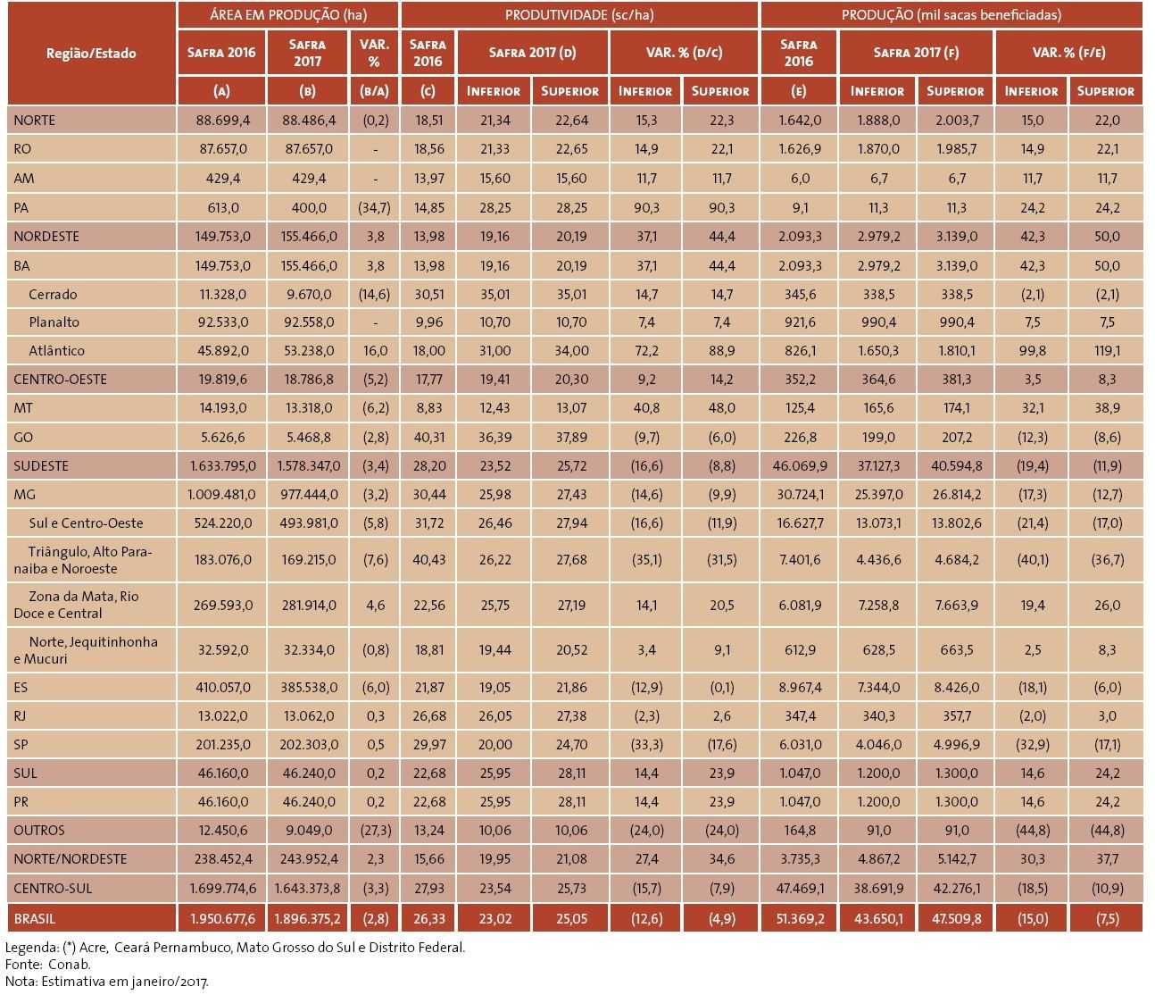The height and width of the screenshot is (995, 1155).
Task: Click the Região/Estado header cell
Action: [x=91, y=53]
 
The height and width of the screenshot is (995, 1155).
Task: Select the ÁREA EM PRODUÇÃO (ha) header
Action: [x=288, y=14]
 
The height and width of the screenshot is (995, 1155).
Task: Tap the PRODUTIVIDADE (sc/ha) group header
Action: [x=579, y=14]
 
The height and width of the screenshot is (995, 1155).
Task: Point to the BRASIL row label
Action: [x=35, y=918]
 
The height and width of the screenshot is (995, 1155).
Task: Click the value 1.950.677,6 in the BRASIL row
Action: [x=222, y=918]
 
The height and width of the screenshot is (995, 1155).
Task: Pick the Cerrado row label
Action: [x=53, y=294]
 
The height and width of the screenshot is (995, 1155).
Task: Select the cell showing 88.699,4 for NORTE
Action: [x=222, y=121]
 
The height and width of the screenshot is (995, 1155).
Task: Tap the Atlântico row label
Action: [x=56, y=351]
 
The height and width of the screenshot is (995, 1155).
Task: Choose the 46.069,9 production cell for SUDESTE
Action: [x=799, y=466]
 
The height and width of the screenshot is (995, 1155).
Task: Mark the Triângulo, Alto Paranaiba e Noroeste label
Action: [x=83, y=560]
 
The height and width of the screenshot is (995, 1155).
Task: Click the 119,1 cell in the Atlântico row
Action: [x=1107, y=351]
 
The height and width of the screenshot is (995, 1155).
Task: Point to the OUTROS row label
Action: [x=39, y=830]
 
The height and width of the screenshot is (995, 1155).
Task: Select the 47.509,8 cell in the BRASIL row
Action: [x=956, y=918]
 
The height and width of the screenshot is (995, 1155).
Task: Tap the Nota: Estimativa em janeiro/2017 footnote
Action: [x=107, y=981]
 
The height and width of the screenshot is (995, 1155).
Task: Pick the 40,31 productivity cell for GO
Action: [x=428, y=437]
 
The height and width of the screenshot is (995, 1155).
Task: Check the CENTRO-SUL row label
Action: [x=53, y=888]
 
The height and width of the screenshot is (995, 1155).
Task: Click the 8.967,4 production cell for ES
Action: [x=799, y=688]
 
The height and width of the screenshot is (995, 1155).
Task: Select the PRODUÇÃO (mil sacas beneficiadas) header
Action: [x=951, y=14]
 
